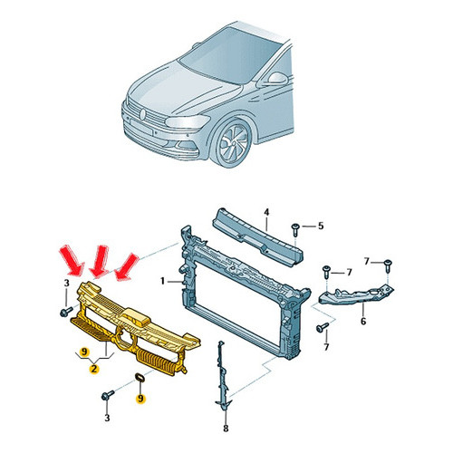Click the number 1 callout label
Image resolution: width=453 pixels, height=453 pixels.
point(162,282)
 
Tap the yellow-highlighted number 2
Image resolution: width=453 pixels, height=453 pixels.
point(94,369)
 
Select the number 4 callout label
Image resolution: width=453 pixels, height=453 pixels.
point(266,213)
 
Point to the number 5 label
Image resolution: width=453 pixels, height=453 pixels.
point(321,226)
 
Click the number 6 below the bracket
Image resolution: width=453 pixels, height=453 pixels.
point(363,321)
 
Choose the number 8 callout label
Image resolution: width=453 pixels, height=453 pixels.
point(226,428)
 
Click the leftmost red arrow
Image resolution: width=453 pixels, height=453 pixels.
point(72,261)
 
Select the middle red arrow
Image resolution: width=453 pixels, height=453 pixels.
point(100,261)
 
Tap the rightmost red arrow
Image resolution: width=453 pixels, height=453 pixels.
point(127,267)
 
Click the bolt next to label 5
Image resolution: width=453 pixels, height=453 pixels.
point(295,230)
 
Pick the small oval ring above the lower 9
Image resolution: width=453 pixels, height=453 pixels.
point(140,378)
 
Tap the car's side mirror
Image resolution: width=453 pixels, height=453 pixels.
point(276,79)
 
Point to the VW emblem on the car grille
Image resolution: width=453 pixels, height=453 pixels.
point(143,114)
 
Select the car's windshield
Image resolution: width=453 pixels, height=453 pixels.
point(230,55)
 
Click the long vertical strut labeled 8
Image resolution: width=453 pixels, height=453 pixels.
point(222,376)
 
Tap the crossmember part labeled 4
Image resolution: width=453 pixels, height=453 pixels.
point(257,238)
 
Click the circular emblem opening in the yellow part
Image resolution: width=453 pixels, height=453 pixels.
point(124,340)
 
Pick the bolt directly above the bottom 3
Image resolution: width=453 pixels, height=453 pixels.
point(108,395)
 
